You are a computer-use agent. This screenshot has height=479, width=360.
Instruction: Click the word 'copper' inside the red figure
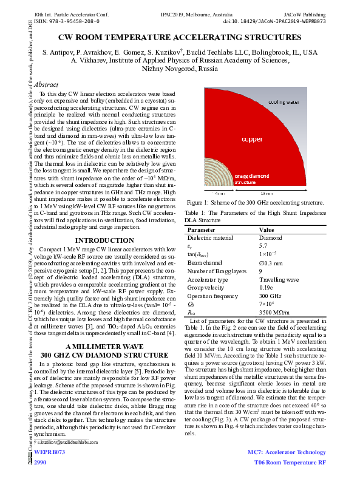[253, 139]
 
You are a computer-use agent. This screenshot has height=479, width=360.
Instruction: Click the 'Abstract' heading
[47, 85]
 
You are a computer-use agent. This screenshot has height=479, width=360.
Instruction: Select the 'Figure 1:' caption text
[199, 202]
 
